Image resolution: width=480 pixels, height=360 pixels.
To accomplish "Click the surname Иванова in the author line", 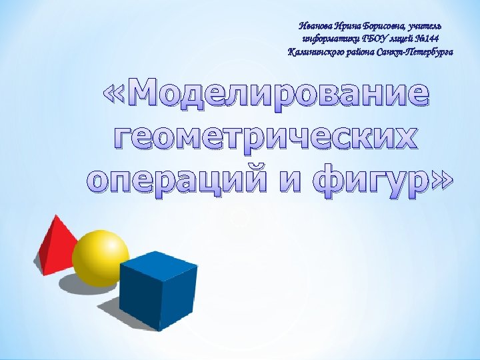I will click(x=317, y=26).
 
